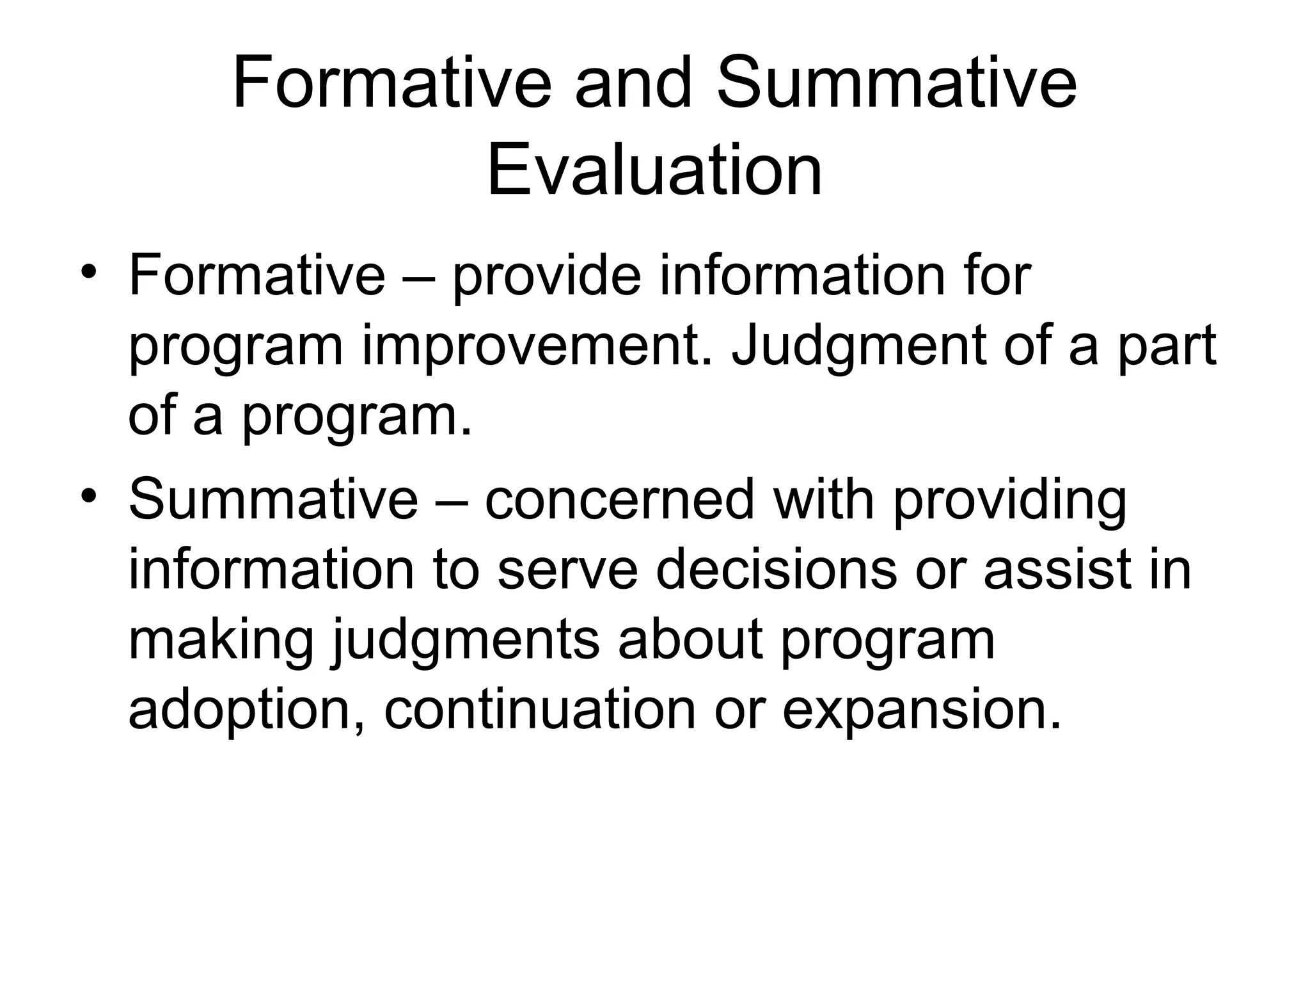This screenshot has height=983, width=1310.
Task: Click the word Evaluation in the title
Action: (654, 171)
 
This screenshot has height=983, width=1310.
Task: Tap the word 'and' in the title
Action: (633, 84)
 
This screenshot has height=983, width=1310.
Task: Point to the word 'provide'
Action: (546, 276)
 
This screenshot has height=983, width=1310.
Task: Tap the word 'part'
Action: (1166, 347)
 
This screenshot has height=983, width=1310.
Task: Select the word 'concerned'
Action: (620, 500)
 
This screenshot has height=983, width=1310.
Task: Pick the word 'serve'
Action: (567, 570)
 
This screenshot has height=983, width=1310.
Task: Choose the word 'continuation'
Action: (539, 709)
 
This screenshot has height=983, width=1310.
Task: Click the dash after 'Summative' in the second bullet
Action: (450, 502)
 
